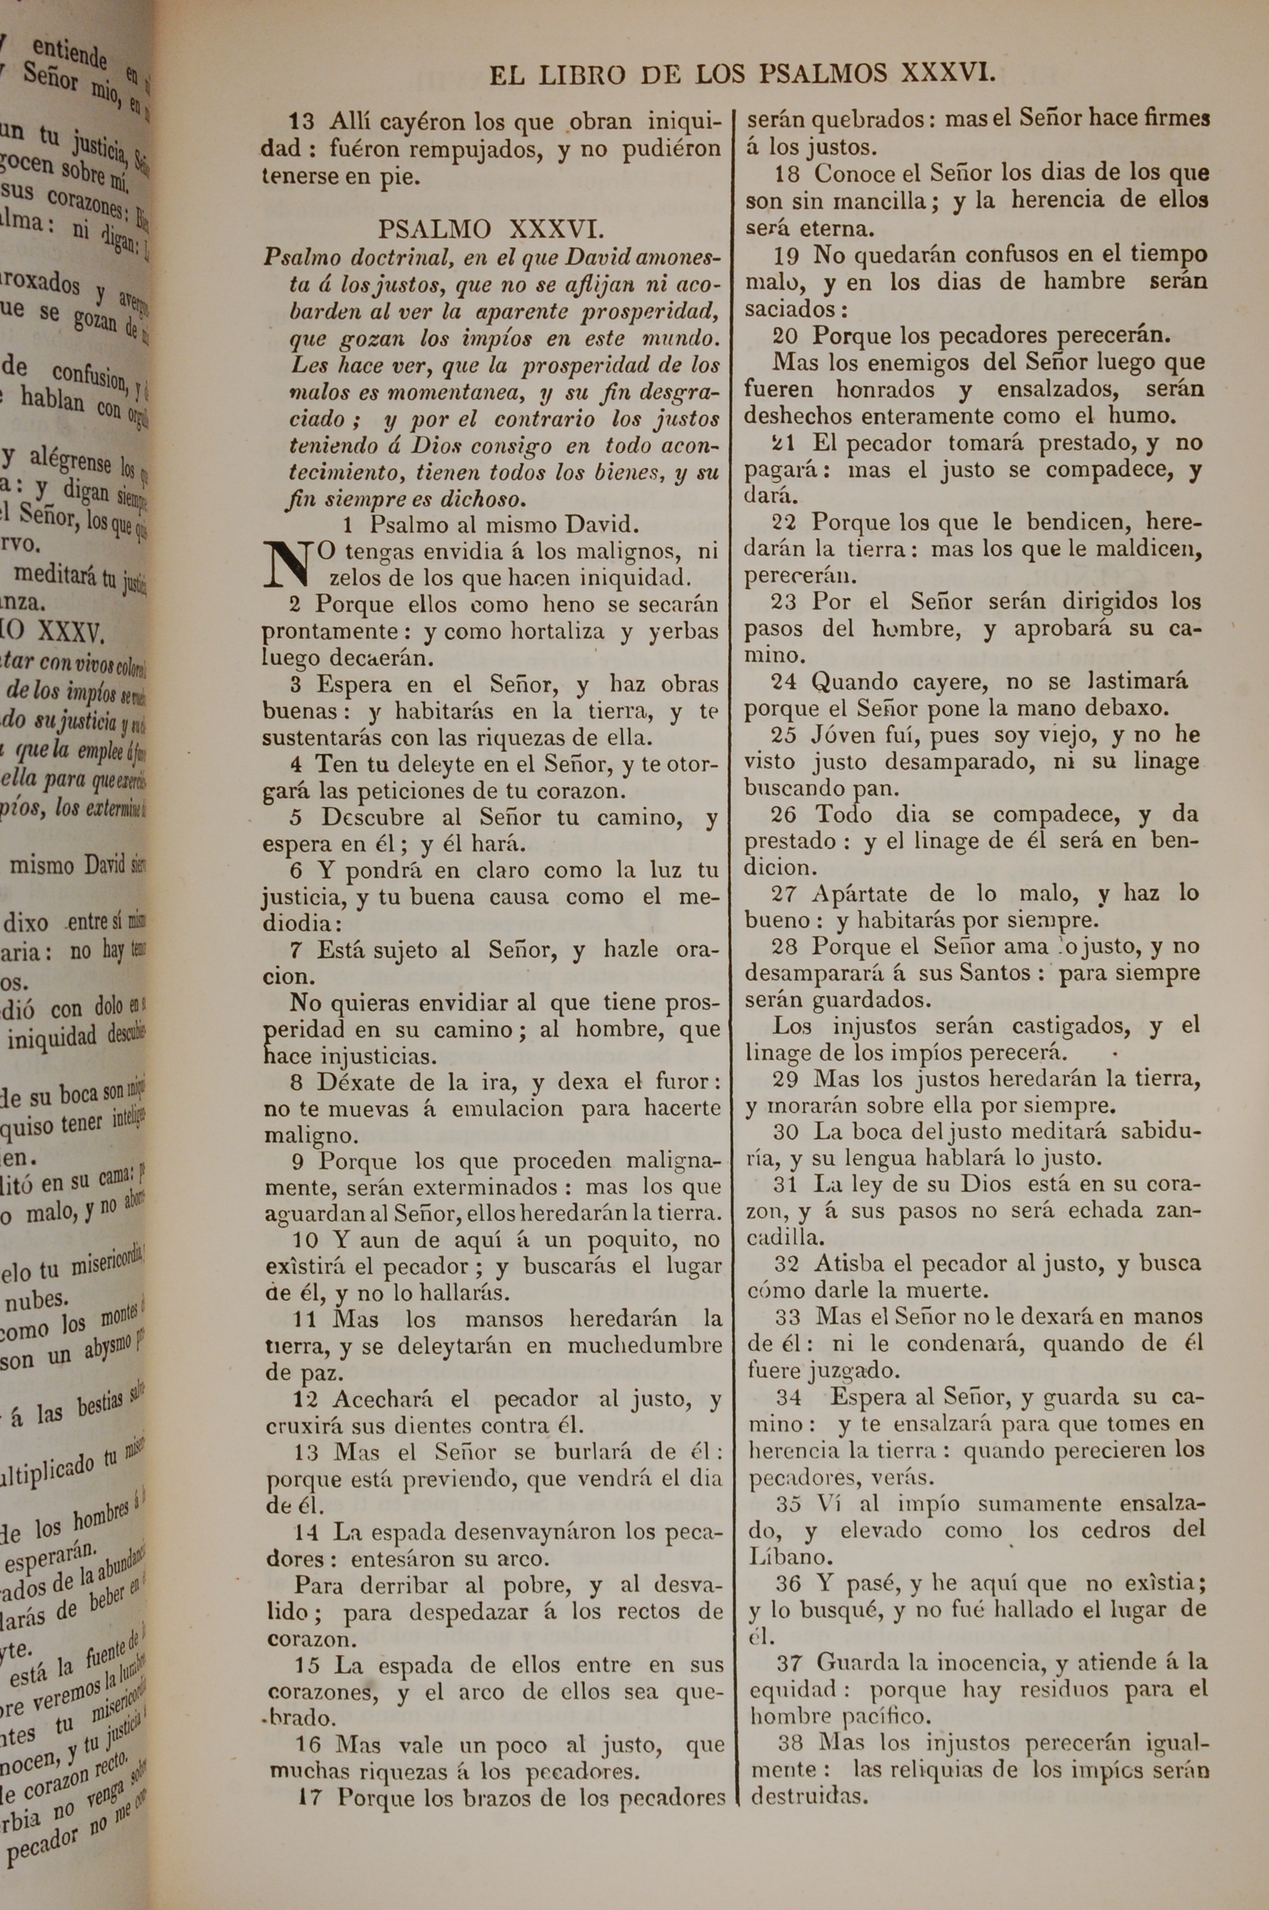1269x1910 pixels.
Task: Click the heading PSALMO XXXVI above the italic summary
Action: tap(490, 230)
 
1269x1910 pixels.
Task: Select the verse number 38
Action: tap(794, 1742)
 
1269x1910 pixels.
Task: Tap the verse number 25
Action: tap(784, 735)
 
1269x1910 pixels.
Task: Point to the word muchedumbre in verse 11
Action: tap(644, 1346)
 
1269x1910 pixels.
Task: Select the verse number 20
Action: tap(784, 336)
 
